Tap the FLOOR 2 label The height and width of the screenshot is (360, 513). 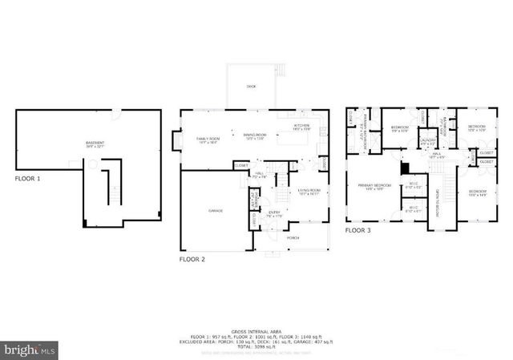tap(192, 259)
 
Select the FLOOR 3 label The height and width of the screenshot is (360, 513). tap(357, 230)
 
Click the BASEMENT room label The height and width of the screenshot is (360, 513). tap(95, 144)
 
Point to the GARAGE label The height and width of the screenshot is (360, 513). tap(215, 210)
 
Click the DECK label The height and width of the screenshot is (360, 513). tap(251, 86)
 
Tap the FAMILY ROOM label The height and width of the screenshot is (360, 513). tap(208, 140)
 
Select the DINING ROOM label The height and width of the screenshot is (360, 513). tap(256, 137)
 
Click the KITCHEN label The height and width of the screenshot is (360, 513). tap(301, 126)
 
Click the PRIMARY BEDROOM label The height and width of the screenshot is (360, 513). tap(374, 186)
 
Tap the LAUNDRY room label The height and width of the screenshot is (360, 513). tap(427, 141)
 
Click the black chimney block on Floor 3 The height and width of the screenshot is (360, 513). tap(406, 168)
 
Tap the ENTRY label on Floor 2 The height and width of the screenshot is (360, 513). tap(274, 212)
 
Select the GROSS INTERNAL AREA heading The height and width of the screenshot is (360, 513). tap(256, 330)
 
